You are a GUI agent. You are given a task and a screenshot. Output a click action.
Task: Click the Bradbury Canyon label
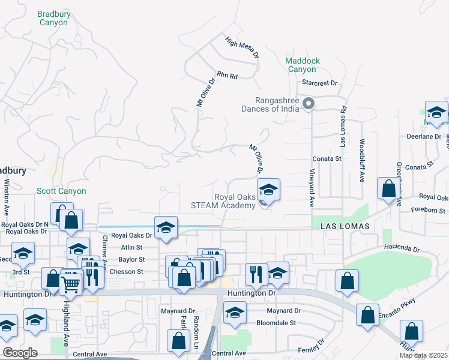[53, 17]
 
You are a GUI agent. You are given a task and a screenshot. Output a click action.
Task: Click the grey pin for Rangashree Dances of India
[309, 104]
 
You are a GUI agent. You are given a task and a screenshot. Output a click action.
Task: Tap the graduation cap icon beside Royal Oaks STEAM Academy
[268, 191]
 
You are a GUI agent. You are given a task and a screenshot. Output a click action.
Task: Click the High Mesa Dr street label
[243, 47]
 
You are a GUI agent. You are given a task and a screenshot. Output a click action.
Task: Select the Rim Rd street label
[228, 76]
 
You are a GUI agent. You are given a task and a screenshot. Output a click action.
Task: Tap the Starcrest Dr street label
[320, 83]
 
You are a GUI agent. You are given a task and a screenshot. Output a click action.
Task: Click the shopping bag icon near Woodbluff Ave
[388, 188]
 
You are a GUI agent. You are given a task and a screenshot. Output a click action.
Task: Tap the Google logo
[20, 353]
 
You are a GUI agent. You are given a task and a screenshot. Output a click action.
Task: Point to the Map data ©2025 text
[423, 355]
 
